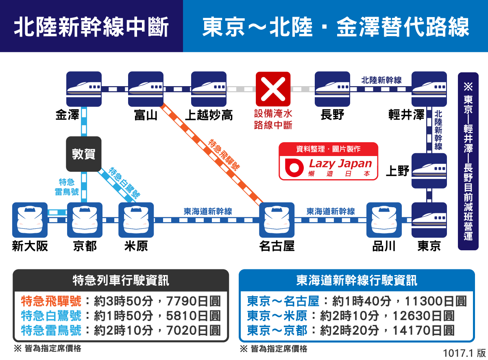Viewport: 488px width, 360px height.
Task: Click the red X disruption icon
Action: pos(273,89)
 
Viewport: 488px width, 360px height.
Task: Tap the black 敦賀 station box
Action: pos(84,154)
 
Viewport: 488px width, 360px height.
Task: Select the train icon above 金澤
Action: pos(84,89)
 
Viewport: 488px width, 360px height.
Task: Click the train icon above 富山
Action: pos(146,89)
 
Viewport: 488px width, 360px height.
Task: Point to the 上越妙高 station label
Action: pos(209,115)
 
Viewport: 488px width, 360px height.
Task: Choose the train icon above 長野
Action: pos(332,89)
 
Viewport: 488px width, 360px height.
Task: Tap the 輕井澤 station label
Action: pos(406,115)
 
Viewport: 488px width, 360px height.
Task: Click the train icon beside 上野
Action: pos(429,171)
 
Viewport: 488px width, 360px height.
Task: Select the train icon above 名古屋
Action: pos(277,220)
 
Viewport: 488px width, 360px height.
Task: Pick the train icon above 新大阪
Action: pos(30,220)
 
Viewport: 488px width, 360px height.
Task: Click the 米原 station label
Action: pos(136,246)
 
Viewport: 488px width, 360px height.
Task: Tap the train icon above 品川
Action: pos(384,220)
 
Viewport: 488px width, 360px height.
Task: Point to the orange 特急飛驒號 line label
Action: pos(224,154)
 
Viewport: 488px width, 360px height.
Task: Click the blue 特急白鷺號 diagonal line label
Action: pos(124,183)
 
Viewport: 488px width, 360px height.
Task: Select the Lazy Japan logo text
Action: pos(340,164)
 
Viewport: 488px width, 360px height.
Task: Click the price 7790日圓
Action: pos(193,301)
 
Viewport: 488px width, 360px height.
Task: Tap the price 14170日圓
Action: pos(423,330)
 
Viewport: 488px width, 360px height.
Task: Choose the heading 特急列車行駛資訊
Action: pos(121,280)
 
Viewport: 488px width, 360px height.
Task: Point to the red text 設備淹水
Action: pos(273,114)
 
